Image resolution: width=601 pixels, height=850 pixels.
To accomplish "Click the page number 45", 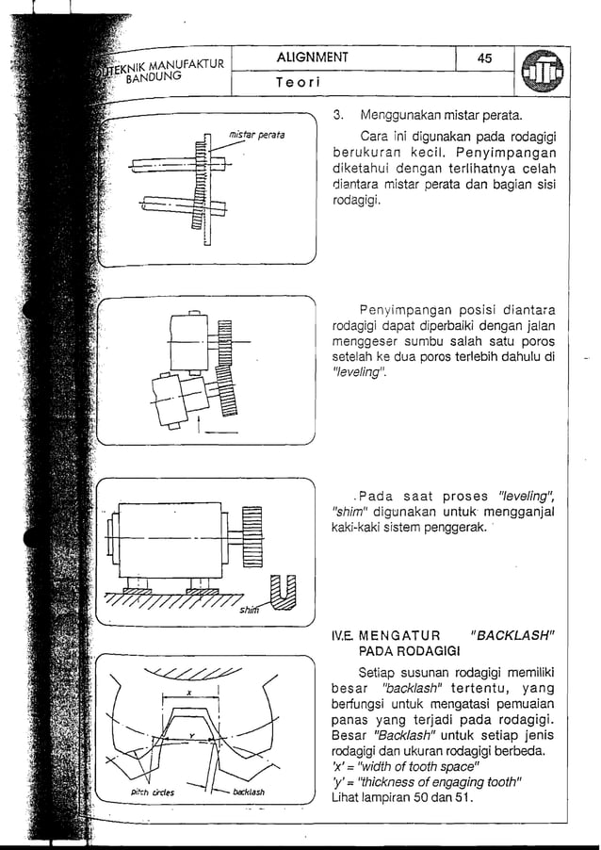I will coord(484,58).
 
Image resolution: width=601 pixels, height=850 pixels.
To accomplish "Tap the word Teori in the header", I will coord(299,83).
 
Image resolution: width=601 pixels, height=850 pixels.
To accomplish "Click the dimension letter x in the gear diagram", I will coord(188,693).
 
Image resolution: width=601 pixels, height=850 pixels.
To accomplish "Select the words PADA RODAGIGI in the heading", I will coord(408,651).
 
